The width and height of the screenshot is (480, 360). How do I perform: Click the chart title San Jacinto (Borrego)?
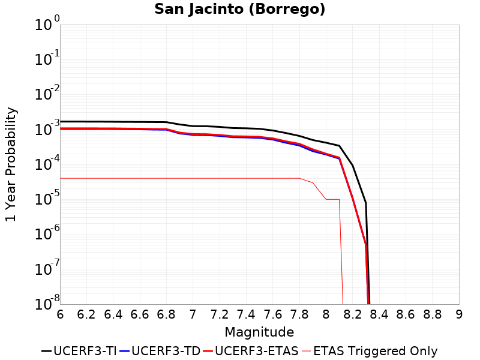point(240,10)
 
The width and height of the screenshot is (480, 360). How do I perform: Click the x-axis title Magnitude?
point(259,332)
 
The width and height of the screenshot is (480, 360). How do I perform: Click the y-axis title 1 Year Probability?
point(11,164)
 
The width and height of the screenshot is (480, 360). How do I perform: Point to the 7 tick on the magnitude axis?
point(193,314)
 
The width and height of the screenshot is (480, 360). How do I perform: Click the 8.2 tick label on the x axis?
point(352,314)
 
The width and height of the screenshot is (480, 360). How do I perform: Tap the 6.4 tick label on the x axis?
point(113,314)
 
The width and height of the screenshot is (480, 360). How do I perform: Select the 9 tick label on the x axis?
point(459,314)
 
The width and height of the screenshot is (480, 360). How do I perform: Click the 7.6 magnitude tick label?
point(273,314)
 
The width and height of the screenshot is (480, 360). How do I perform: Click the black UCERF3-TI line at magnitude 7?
point(193,126)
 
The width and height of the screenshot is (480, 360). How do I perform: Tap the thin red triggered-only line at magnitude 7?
point(193,178)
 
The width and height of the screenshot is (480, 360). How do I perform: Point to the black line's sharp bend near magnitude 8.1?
point(340,146)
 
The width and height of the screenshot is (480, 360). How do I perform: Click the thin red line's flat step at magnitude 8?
point(332,199)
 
